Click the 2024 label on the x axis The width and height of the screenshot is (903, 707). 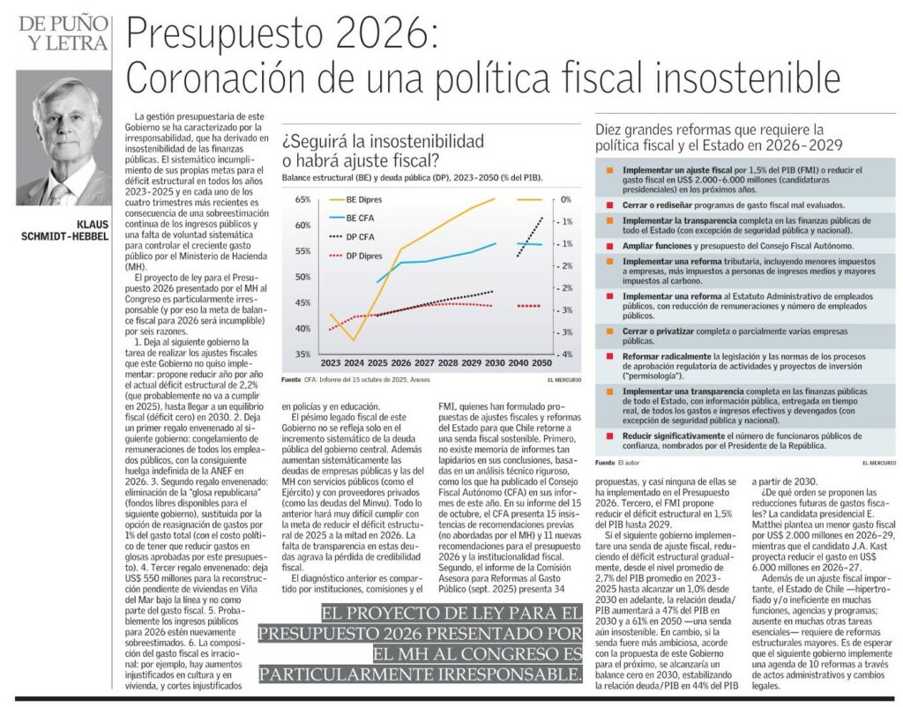coord(354,363)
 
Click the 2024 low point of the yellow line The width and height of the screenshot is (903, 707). coord(354,340)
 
